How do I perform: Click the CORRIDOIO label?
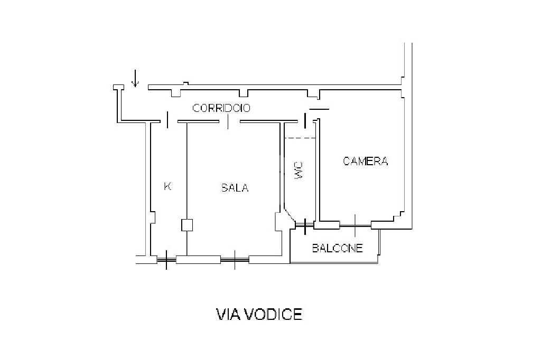(221, 108)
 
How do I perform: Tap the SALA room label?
(235, 188)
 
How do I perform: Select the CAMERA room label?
(366, 161)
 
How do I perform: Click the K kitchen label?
(167, 186)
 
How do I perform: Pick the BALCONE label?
(337, 248)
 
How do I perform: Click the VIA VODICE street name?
(259, 315)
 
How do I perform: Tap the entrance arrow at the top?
(135, 79)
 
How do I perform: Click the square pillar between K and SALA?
(187, 225)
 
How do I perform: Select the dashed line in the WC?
(300, 138)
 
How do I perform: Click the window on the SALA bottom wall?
(235, 259)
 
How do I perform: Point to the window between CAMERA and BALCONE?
(355, 225)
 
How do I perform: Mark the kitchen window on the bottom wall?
(166, 259)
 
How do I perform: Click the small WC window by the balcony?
(305, 225)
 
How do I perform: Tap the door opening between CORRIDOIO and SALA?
(229, 121)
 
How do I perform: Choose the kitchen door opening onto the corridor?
(168, 120)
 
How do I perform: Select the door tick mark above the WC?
(305, 120)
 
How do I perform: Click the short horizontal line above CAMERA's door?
(319, 109)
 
